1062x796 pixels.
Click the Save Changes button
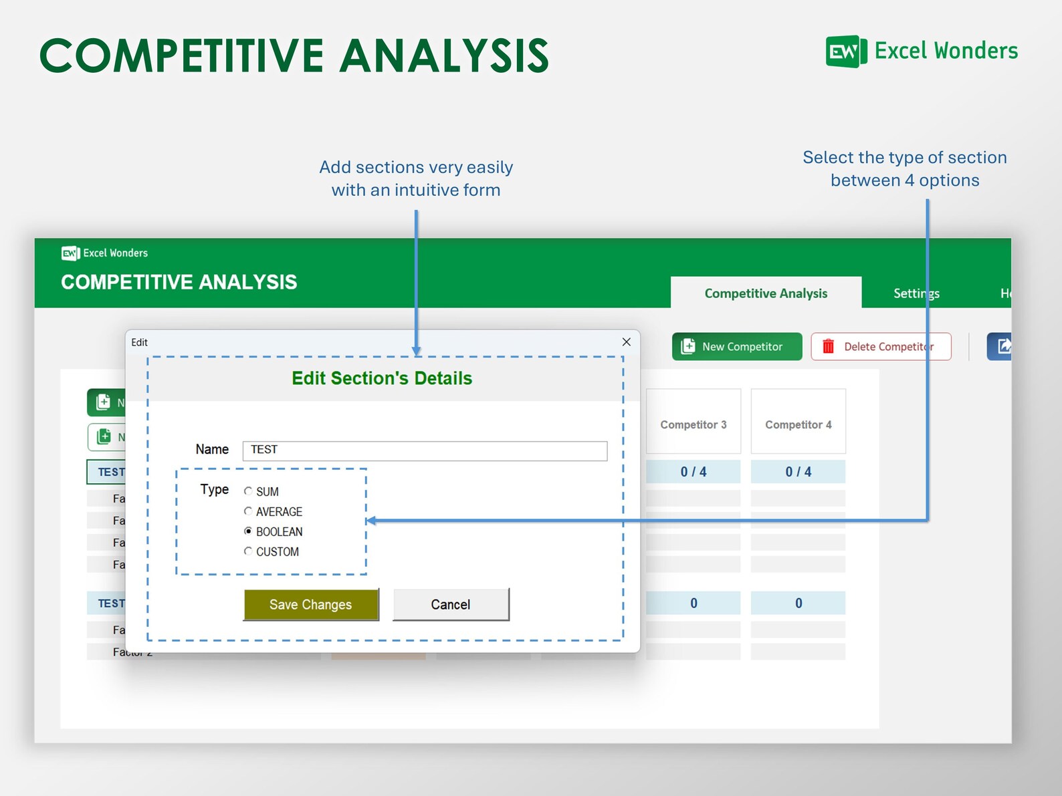click(x=311, y=604)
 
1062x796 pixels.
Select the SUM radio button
click(x=248, y=491)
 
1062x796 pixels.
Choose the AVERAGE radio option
click(x=248, y=511)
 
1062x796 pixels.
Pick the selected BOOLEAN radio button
click(x=248, y=531)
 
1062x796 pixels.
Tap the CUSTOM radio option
click(x=248, y=551)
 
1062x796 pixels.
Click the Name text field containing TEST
click(x=425, y=450)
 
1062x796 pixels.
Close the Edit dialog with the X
click(x=626, y=342)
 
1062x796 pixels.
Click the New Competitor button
click(x=736, y=346)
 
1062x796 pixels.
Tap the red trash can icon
click(x=828, y=346)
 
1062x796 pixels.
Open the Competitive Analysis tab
click(x=766, y=293)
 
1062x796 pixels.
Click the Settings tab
click(x=916, y=293)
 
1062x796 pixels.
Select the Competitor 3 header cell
click(x=694, y=424)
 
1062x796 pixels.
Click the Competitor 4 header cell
click(x=798, y=424)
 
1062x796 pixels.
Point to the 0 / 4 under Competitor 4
click(x=798, y=472)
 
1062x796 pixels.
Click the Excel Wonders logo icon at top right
click(x=846, y=51)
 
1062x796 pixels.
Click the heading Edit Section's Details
click(x=382, y=378)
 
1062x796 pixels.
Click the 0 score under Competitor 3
click(x=694, y=603)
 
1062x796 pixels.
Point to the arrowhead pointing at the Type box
click(x=371, y=521)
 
